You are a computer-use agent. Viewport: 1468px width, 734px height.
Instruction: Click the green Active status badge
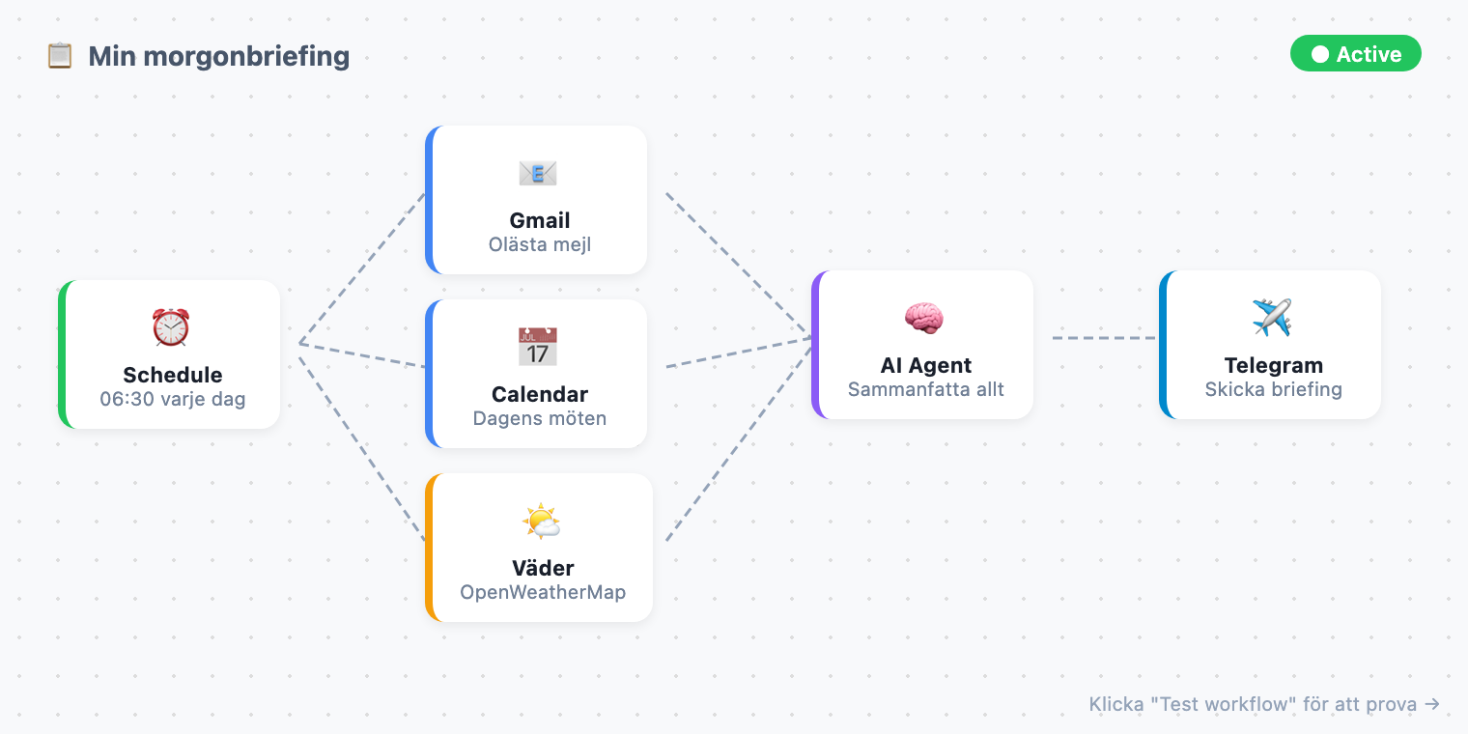click(1355, 54)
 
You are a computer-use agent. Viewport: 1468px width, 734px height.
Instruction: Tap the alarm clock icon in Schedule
click(171, 327)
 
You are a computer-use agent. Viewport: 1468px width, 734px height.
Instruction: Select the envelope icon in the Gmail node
click(538, 173)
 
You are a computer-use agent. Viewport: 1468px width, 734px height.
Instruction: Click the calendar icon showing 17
click(538, 347)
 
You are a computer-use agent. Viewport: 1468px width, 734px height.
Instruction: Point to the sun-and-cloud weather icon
click(541, 522)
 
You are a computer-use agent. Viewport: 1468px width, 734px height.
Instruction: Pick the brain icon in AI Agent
click(924, 318)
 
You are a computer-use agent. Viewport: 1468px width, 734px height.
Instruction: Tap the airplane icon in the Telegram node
click(1272, 318)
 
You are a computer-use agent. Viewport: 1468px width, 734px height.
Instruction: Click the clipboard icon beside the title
click(60, 56)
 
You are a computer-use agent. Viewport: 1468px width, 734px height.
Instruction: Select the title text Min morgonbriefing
click(219, 56)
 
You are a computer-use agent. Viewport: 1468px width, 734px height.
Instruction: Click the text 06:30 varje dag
click(173, 399)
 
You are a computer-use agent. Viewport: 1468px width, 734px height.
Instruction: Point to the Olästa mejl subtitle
click(540, 244)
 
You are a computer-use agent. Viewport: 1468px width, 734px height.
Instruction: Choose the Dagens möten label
click(540, 418)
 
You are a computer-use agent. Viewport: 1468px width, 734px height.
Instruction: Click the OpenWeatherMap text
click(543, 592)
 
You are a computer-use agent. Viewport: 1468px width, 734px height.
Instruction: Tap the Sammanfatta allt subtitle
click(926, 389)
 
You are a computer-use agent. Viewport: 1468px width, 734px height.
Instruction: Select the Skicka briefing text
click(1274, 389)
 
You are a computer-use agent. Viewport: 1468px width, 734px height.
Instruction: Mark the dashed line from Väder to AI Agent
click(739, 439)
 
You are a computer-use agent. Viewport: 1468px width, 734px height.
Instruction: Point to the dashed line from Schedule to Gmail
click(362, 268)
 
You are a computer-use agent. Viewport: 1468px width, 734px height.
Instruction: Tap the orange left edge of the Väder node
click(429, 548)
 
